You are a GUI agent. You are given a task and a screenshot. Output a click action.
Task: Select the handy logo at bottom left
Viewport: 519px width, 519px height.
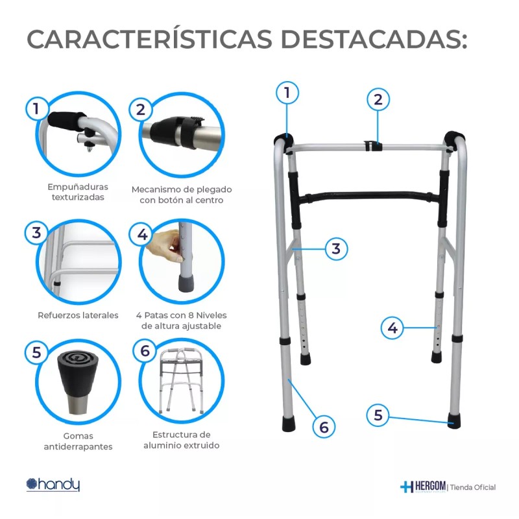click(x=53, y=484)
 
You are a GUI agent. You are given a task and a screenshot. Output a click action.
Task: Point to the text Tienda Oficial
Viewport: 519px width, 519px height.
click(x=473, y=487)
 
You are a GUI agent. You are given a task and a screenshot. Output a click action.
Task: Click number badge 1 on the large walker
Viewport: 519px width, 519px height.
click(x=287, y=93)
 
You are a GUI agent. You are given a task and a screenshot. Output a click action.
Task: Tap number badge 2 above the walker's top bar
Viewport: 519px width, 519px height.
click(x=378, y=99)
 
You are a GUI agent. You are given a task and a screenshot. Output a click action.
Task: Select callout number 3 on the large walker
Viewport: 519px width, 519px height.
click(x=336, y=248)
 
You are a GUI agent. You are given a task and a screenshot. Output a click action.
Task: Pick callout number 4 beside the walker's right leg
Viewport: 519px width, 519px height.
click(x=392, y=328)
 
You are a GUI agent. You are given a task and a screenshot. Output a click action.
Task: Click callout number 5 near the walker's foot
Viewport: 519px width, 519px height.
click(x=378, y=415)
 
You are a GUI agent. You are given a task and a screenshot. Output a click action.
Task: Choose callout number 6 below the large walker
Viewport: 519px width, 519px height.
click(x=324, y=427)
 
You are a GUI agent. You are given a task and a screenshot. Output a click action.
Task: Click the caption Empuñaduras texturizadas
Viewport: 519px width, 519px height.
click(x=78, y=192)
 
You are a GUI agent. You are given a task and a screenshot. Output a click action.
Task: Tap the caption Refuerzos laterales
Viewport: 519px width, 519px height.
click(x=78, y=315)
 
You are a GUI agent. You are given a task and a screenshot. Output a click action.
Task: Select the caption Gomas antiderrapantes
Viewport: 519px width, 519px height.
click(x=78, y=441)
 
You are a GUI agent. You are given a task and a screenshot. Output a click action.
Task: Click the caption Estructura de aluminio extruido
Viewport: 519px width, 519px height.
click(x=181, y=440)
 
